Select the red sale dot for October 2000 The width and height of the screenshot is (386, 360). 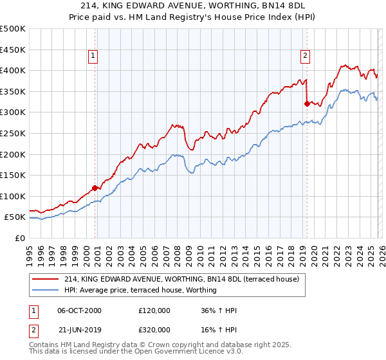pyautogui.click(x=95, y=188)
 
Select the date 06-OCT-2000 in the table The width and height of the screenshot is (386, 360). pyautogui.click(x=79, y=310)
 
